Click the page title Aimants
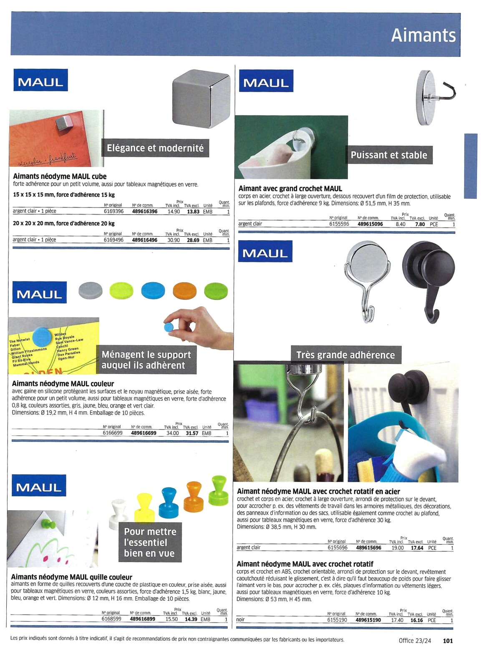[423, 35]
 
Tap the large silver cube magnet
[201, 98]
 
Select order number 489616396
[145, 212]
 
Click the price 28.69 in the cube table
[193, 240]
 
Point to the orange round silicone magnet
[184, 291]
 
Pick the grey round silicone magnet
[91, 290]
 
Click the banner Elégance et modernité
[155, 148]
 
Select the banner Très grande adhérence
[346, 355]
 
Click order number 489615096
[370, 224]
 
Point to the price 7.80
[420, 224]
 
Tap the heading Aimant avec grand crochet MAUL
[290, 189]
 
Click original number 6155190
[337, 620]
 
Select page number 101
[448, 640]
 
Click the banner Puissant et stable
[389, 155]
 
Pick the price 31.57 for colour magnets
[192, 433]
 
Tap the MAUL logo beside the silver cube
[40, 80]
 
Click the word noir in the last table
[240, 620]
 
